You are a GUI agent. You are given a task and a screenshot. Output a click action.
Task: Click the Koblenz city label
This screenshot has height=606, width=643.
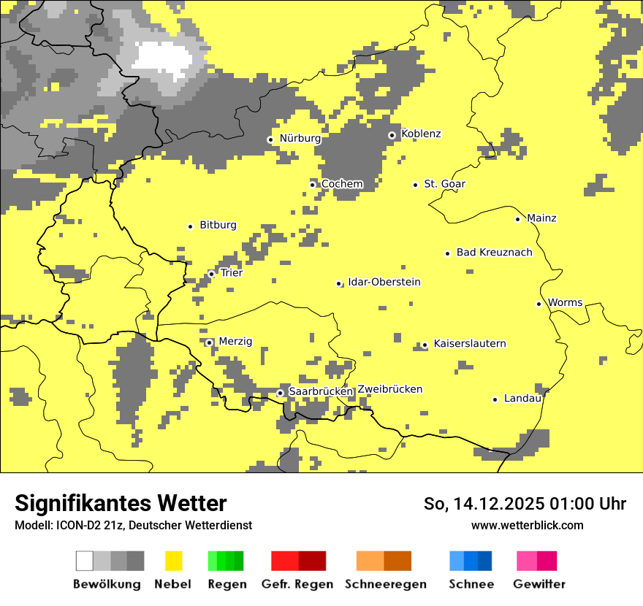click(421, 134)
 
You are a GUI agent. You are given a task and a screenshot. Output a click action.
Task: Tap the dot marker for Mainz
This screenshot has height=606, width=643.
click(517, 219)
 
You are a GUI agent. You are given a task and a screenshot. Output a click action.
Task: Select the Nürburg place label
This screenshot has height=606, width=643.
click(300, 138)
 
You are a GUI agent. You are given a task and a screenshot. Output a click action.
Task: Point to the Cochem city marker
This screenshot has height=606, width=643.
click(312, 185)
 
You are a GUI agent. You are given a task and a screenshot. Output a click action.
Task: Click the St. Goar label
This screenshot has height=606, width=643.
click(444, 184)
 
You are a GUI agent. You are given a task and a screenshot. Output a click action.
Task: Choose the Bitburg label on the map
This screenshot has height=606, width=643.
click(218, 225)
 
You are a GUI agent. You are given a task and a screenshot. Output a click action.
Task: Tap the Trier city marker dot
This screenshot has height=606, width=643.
click(211, 274)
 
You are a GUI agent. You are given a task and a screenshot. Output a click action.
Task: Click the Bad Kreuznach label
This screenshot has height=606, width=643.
click(494, 252)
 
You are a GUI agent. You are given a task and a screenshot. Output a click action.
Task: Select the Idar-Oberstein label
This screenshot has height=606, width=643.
click(384, 282)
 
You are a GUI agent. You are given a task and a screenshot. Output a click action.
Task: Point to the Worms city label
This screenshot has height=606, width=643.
click(565, 302)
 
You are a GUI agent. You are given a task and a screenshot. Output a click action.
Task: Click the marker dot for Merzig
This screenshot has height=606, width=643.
click(209, 342)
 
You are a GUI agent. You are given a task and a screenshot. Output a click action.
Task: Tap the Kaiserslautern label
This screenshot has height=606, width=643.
click(469, 343)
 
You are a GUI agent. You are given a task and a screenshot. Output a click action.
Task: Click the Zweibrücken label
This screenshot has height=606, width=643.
click(389, 389)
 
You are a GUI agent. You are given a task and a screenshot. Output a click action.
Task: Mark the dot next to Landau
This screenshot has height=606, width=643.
click(495, 399)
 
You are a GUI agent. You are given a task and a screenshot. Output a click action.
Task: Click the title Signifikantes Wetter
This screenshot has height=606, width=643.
click(121, 503)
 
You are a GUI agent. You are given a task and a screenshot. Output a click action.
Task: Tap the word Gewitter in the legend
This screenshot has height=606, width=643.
click(539, 584)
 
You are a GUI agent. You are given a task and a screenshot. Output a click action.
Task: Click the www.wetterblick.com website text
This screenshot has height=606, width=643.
click(527, 525)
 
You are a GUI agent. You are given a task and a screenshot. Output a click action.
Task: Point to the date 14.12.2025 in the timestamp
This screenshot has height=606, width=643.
click(498, 504)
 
